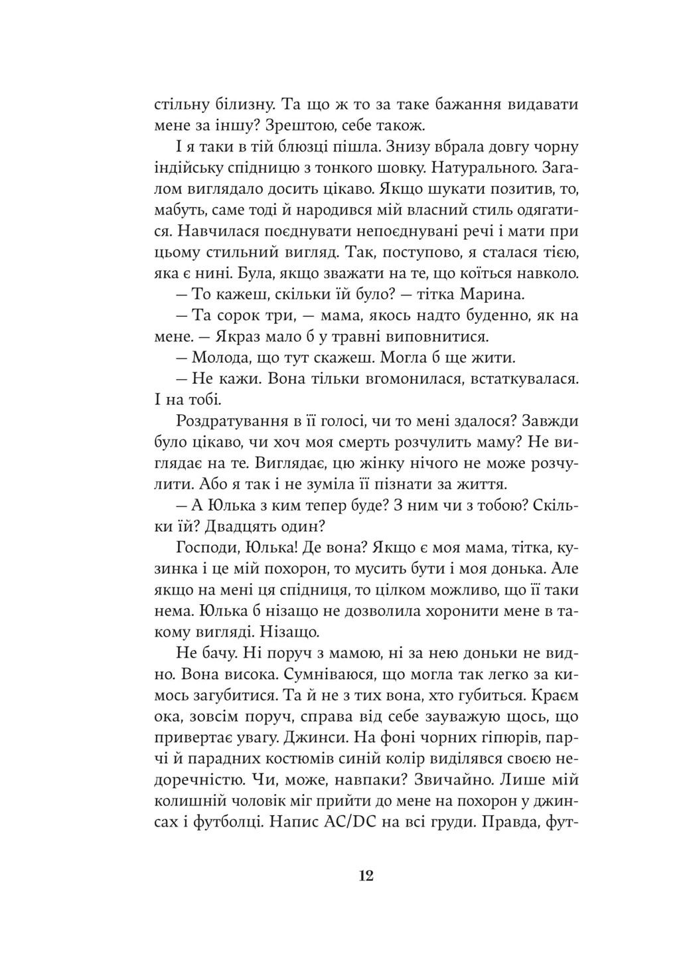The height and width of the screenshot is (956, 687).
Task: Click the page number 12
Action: point(366,876)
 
